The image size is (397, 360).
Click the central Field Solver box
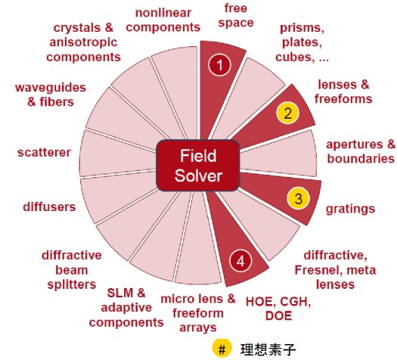pyautogui.click(x=198, y=166)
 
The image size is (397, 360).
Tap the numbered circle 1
pyautogui.click(x=220, y=65)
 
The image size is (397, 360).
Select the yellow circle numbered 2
pyautogui.click(x=288, y=113)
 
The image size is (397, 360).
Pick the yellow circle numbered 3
pyautogui.click(x=299, y=198)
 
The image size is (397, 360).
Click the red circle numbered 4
pyautogui.click(x=240, y=261)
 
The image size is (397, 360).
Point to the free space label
pyautogui.click(x=236, y=16)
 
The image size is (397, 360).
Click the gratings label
pyautogui.click(x=350, y=209)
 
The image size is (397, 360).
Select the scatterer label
pyautogui.click(x=44, y=153)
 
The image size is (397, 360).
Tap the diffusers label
pyautogui.click(x=49, y=206)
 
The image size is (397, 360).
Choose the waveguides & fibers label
pyautogui.click(x=51, y=95)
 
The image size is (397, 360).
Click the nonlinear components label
pyautogui.click(x=163, y=20)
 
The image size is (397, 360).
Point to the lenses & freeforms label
pyautogui.click(x=343, y=92)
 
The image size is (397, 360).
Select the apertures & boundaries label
pyautogui.click(x=361, y=151)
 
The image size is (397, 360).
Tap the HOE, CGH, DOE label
pyautogui.click(x=278, y=309)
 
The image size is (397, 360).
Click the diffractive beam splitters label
pyautogui.click(x=72, y=270)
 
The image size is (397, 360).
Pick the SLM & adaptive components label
pyautogui.click(x=126, y=308)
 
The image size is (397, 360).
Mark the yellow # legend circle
pyautogui.click(x=222, y=349)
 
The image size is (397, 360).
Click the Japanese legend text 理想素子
pyautogui.click(x=268, y=349)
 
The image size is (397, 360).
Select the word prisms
pyautogui.click(x=302, y=28)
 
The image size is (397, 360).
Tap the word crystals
pyautogui.click(x=79, y=28)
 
